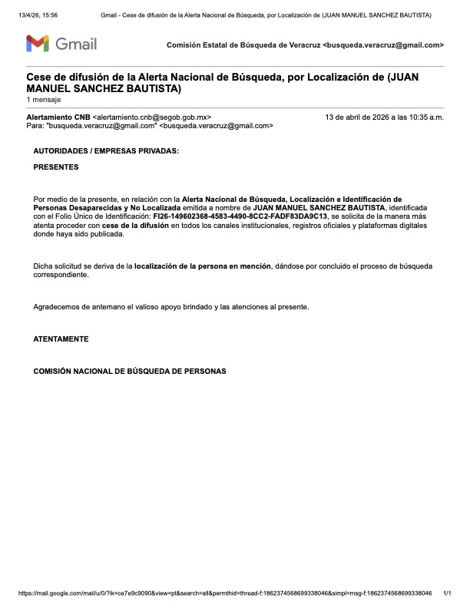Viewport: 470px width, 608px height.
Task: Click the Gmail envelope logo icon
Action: (x=38, y=44)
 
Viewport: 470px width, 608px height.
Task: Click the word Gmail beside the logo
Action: (x=76, y=45)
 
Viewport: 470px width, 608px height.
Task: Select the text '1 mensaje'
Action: (x=43, y=100)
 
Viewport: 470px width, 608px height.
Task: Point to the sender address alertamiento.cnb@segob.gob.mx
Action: (x=152, y=117)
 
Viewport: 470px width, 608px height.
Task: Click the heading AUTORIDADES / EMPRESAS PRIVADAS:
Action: (x=106, y=151)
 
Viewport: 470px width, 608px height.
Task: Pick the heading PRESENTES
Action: (x=55, y=167)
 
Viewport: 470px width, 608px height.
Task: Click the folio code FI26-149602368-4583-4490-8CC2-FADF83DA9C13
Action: (x=240, y=217)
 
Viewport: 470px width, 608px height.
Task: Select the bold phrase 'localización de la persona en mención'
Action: (x=203, y=266)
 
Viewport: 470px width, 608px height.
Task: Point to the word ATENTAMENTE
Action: (x=61, y=339)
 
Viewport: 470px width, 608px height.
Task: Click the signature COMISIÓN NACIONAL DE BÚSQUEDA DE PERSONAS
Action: (x=130, y=371)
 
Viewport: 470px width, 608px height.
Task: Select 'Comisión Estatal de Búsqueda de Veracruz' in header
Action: (x=244, y=45)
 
